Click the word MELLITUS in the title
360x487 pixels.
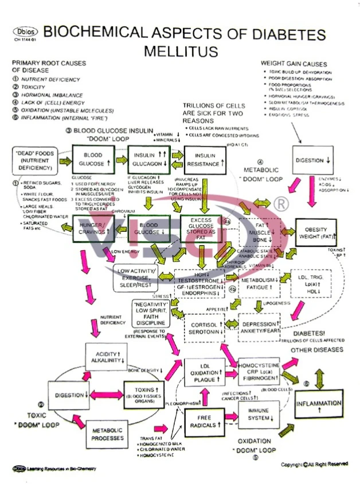tap(181, 51)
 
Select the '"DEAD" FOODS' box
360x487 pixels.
tap(34, 160)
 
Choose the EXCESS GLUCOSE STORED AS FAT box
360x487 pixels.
tap(203, 228)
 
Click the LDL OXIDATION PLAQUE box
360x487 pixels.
tap(205, 372)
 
